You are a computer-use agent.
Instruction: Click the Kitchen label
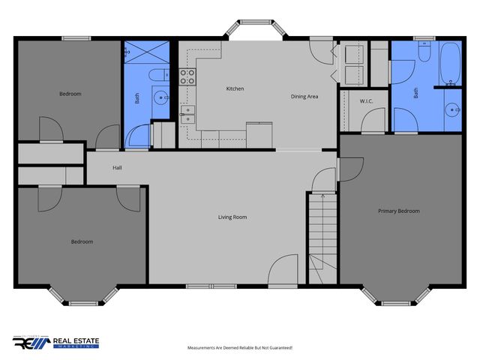[235, 89]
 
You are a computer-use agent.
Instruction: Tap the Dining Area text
[304, 97]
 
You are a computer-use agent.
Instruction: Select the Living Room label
[232, 217]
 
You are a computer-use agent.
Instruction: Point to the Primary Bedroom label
[398, 211]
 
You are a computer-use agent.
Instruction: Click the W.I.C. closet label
[366, 101]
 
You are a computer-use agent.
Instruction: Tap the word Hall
[117, 168]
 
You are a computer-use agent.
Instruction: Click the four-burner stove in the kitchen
[187, 76]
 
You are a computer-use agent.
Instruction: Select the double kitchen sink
[187, 113]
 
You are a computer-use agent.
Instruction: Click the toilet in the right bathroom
[423, 54]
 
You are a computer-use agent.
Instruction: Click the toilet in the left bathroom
[157, 74]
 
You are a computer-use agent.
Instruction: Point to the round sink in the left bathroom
[160, 97]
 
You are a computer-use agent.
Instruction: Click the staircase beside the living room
[321, 236]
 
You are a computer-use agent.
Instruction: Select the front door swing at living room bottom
[286, 271]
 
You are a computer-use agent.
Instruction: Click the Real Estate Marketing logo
[55, 343]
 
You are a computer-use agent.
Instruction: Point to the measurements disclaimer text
[239, 348]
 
